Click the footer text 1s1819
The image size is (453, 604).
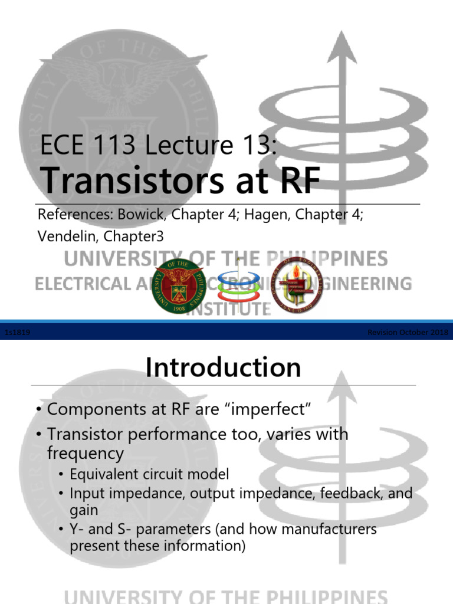(x=17, y=333)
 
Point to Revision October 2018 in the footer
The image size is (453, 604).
(x=408, y=333)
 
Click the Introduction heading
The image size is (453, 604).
(x=224, y=367)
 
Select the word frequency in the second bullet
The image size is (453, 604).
(x=86, y=453)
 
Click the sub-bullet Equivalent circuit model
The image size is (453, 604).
(x=149, y=474)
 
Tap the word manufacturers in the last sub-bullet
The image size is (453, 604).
(x=326, y=528)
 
